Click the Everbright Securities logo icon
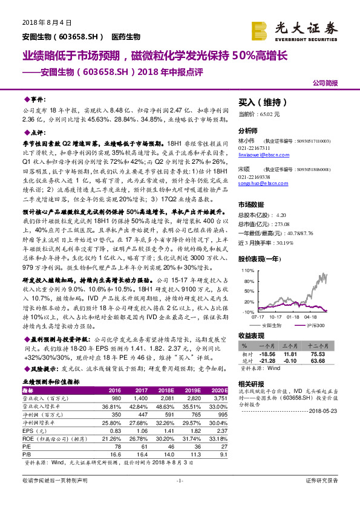(258, 28)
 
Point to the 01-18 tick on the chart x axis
(293, 316)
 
